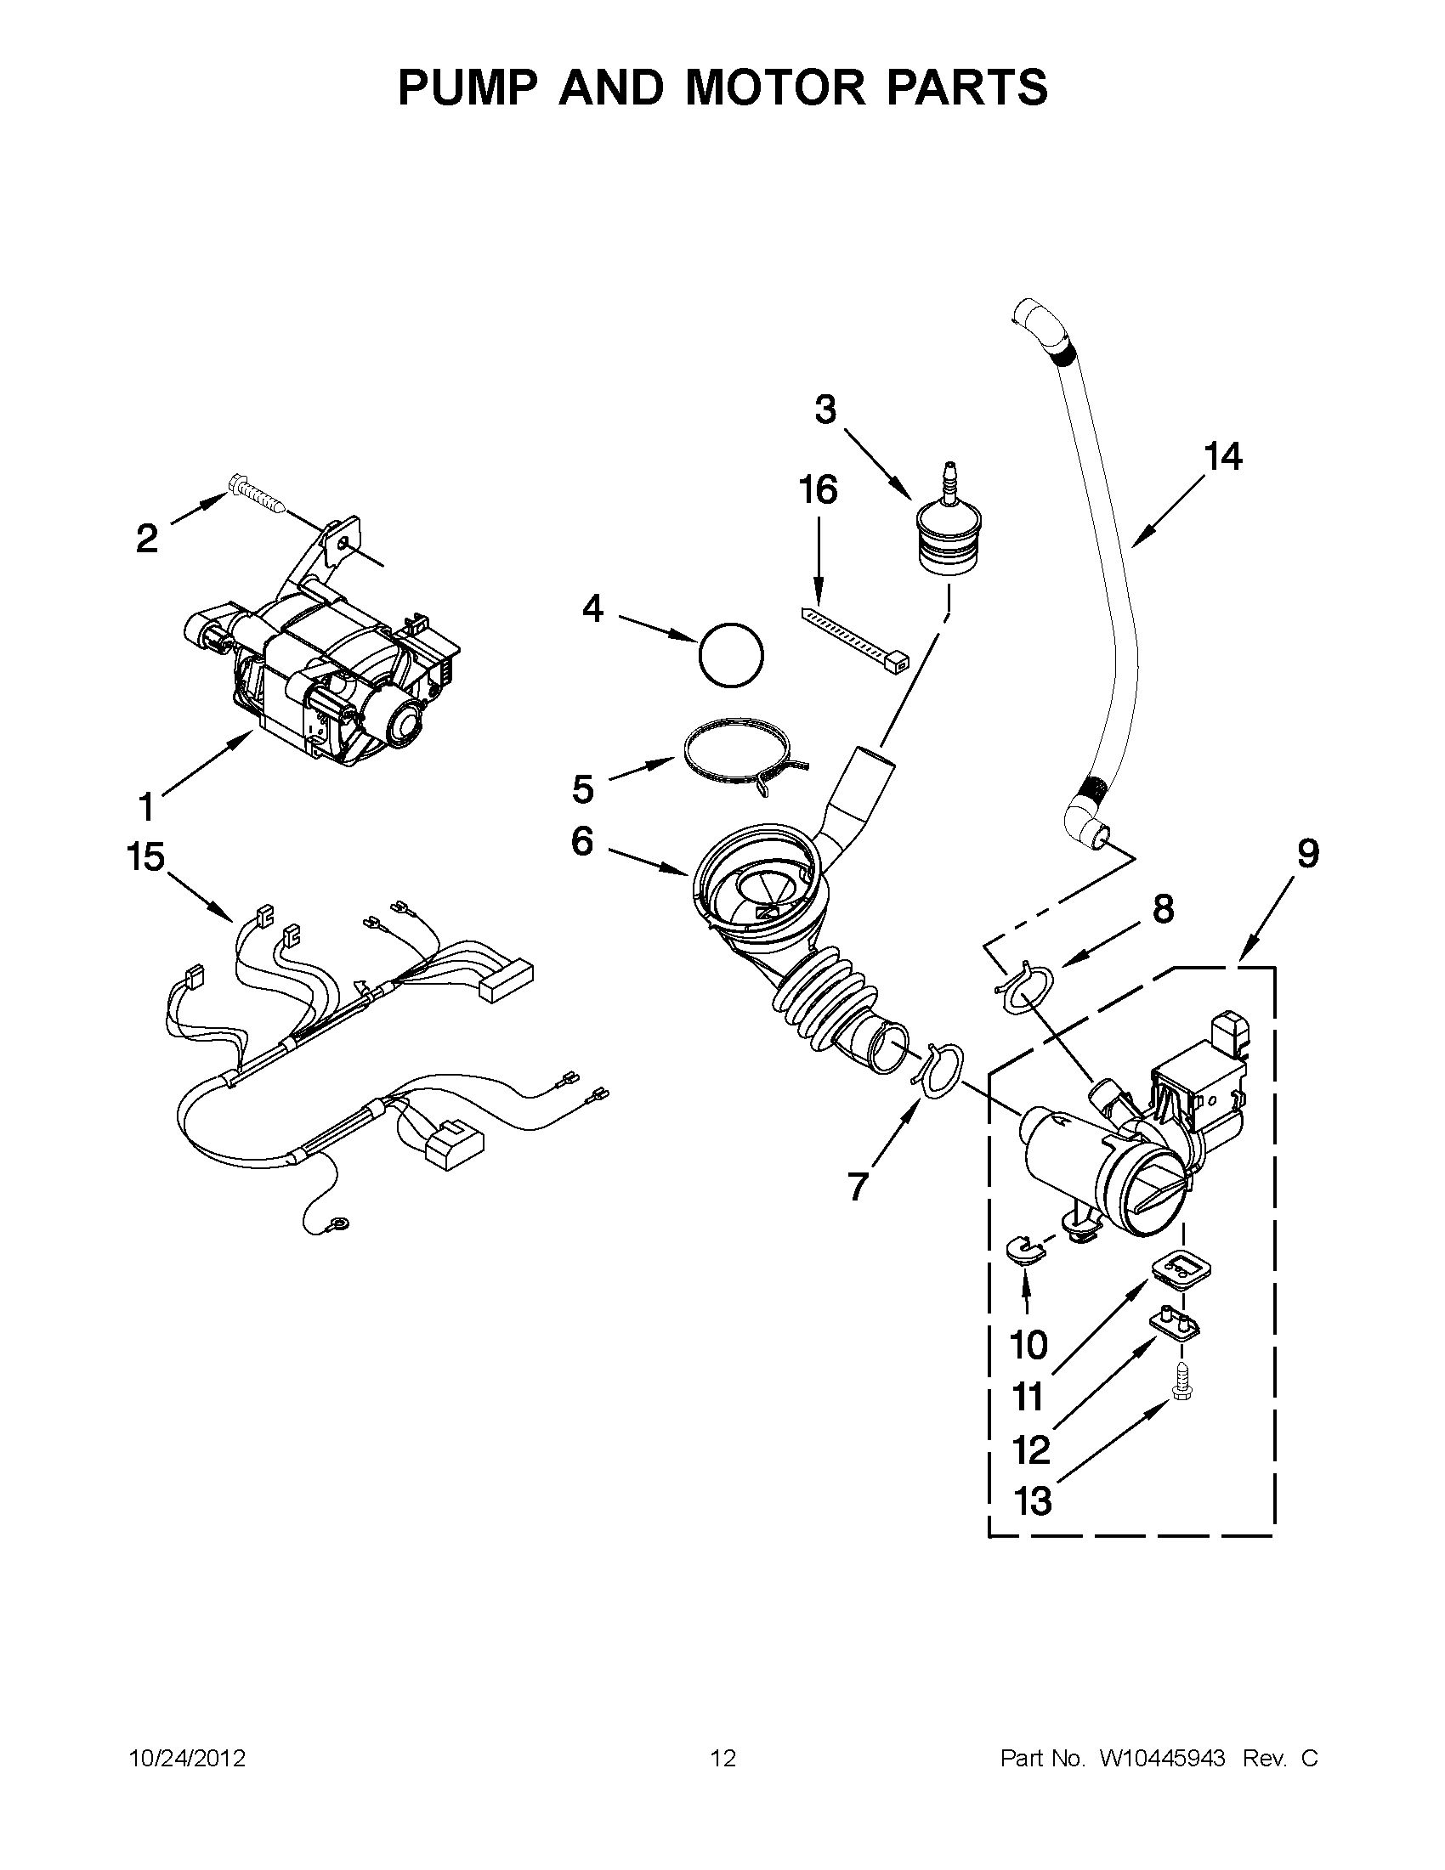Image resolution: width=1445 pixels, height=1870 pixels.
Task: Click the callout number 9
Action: tap(1307, 854)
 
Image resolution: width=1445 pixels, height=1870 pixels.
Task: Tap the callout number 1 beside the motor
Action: tap(146, 805)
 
